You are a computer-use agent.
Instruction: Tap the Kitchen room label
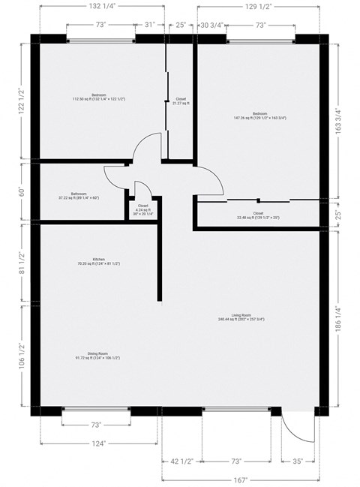point(98,261)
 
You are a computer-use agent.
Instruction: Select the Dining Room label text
point(98,356)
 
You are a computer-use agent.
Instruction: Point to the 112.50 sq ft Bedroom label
point(98,97)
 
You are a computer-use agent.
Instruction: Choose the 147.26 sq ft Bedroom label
point(259,116)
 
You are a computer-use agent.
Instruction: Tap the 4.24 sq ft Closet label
point(142,209)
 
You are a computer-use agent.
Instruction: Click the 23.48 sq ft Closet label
point(258,215)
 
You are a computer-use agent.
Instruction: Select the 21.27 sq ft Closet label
point(181,101)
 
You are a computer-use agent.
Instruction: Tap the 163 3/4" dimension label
point(346,117)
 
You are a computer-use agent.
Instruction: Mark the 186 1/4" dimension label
point(346,320)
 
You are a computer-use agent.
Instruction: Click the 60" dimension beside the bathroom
point(22,191)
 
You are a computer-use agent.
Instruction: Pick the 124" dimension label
point(99,443)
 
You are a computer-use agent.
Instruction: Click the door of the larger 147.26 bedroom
point(211,180)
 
